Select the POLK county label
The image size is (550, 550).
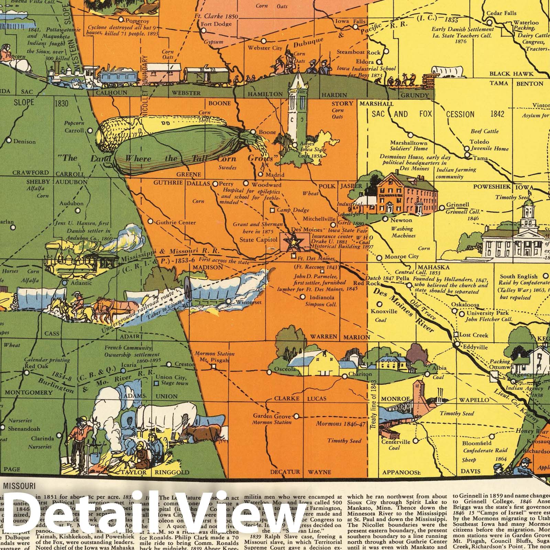coord(327,186)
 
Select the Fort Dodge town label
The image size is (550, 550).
coord(216,24)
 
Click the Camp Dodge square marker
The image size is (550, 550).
coord(272,210)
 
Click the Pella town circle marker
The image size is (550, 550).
coord(409,285)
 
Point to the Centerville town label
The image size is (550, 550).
coord(396,442)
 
